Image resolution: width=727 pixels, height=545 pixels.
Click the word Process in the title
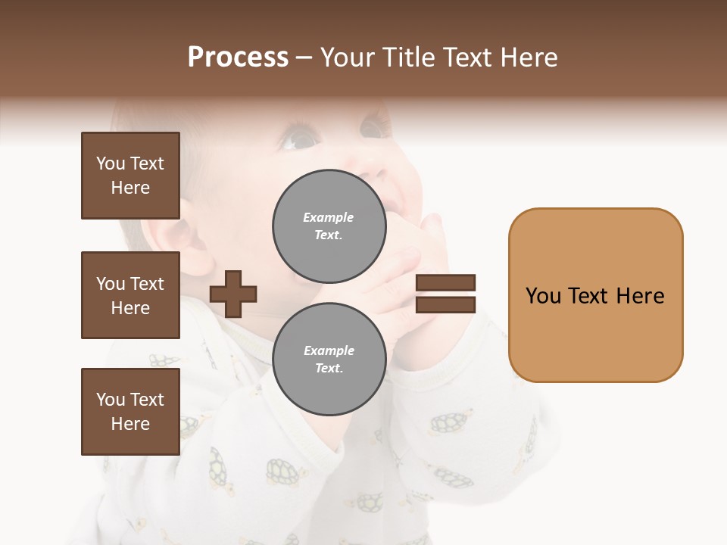pos(238,58)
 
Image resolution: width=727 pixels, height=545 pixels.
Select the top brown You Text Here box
pos(130,176)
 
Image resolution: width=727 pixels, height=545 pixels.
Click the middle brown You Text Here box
pos(130,295)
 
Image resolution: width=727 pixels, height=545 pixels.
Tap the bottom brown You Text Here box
pos(130,411)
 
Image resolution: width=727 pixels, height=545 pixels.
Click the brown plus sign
pos(233,294)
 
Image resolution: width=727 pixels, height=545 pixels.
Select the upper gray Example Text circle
pos(329,226)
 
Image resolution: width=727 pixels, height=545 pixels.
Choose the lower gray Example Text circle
pos(329,360)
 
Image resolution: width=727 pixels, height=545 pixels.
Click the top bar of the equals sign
pos(445,283)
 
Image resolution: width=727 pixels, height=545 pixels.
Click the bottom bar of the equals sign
pos(445,304)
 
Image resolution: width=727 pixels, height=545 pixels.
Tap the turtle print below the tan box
pos(451,422)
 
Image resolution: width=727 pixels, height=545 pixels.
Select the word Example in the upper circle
pos(329,217)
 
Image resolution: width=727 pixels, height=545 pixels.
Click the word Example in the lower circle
pos(329,350)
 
